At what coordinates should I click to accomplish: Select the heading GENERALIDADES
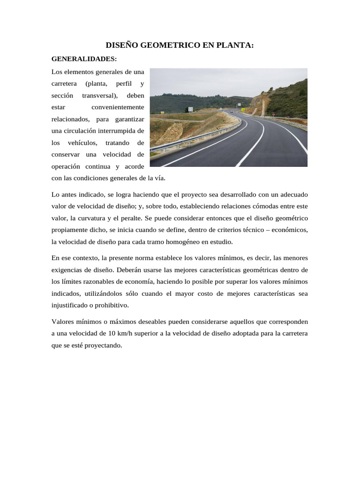click(83, 59)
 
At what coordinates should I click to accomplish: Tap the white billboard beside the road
click(191, 109)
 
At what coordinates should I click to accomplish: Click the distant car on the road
click(231, 112)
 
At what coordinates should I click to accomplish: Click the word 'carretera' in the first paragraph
click(64, 84)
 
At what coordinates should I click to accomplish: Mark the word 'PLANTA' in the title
click(237, 45)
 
